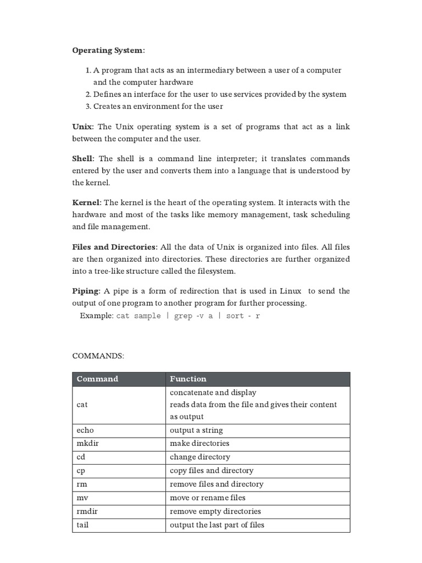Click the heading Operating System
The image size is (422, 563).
click(109, 51)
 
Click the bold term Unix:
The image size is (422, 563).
click(83, 127)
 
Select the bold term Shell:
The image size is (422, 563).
click(84, 158)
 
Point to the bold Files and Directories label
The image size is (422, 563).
click(115, 246)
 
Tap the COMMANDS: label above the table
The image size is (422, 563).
click(98, 356)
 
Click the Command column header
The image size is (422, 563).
click(97, 379)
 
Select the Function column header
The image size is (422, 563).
click(188, 379)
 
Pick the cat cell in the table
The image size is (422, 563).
click(82, 405)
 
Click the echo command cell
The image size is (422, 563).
click(85, 430)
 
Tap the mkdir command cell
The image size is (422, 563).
click(87, 444)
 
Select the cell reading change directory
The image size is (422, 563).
click(200, 457)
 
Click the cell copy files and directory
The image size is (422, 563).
click(212, 471)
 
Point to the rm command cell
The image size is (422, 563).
click(82, 484)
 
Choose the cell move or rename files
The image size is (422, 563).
click(208, 498)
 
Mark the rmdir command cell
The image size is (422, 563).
click(87, 511)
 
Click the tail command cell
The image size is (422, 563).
click(82, 525)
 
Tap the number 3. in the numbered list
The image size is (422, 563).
click(88, 106)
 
